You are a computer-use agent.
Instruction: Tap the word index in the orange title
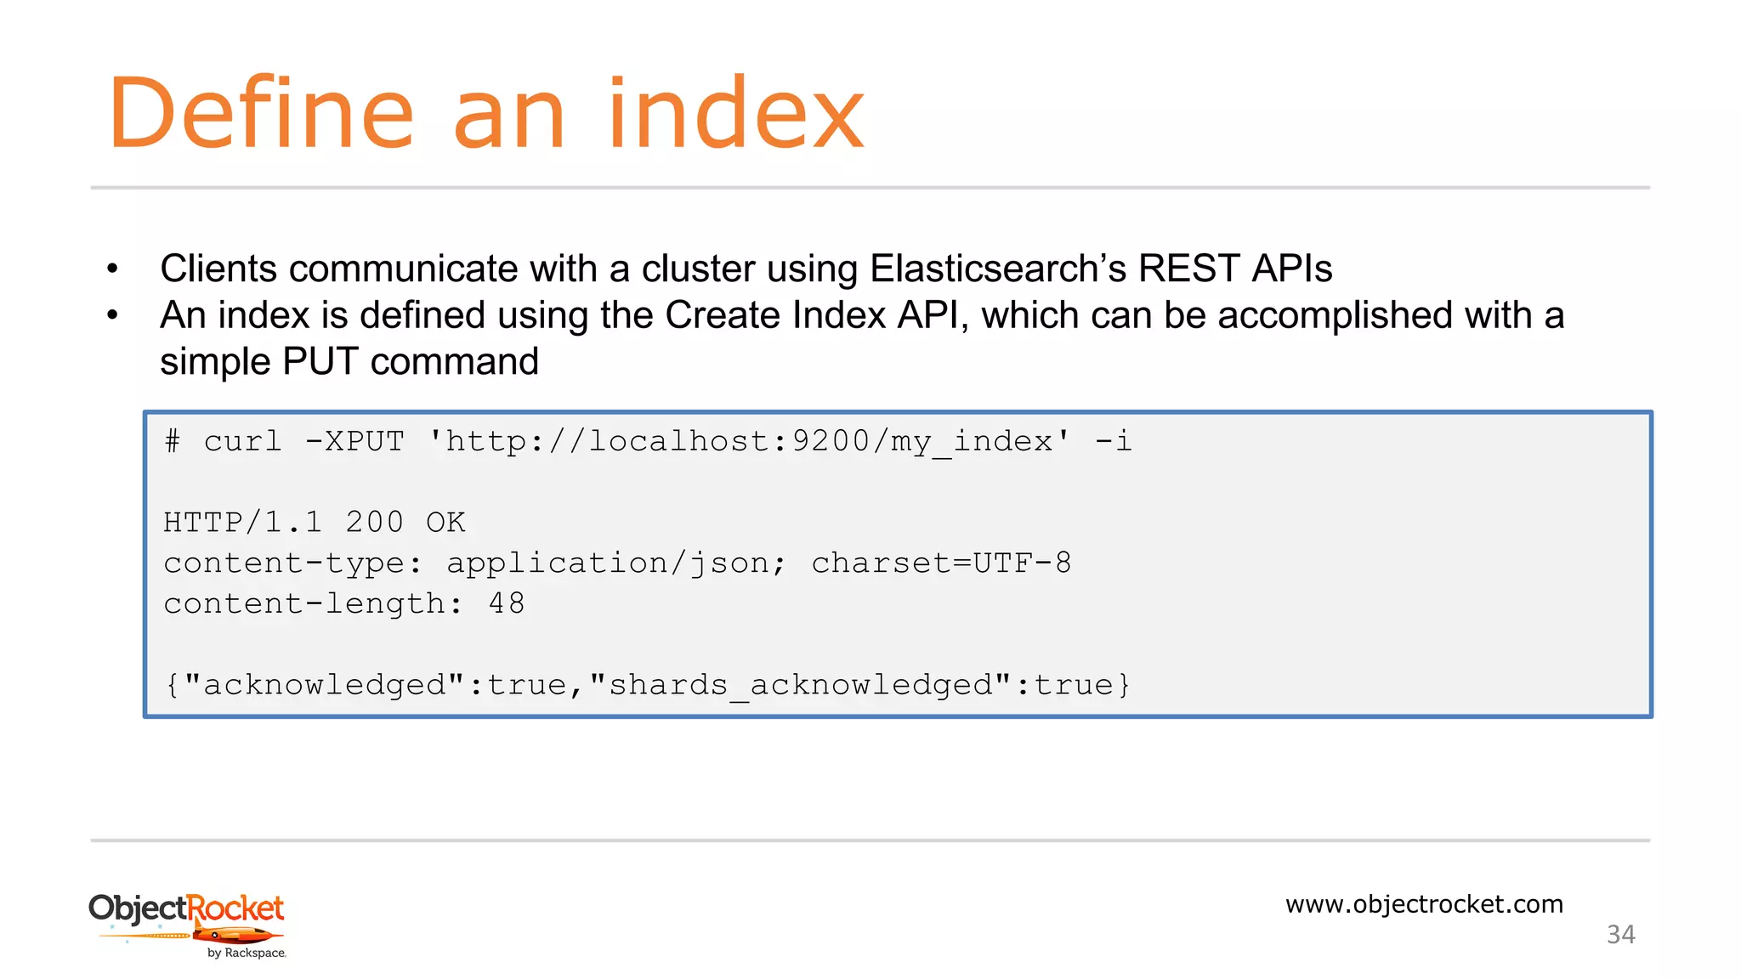tap(736, 114)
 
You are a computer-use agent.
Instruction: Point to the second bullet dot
tap(112, 316)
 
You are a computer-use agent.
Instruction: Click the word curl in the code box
tap(242, 441)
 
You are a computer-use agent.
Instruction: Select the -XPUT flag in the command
tap(354, 441)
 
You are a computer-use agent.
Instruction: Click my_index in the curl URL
tap(972, 442)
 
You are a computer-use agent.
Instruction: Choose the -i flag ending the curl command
tap(1113, 441)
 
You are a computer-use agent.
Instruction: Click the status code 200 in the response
tap(374, 522)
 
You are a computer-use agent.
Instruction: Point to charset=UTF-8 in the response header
tap(941, 563)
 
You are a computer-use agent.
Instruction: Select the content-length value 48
tap(507, 603)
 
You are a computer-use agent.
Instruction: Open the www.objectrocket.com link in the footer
tap(1424, 904)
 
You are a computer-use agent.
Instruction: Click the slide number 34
tap(1620, 935)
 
